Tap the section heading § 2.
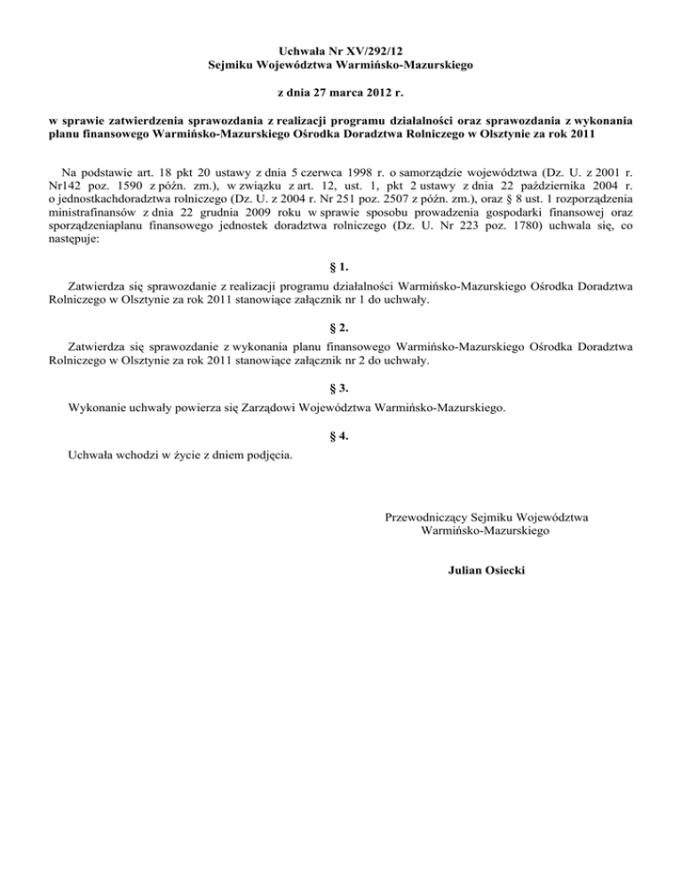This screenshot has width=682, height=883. pyautogui.click(x=341, y=327)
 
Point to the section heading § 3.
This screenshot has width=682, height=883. pyautogui.click(x=341, y=388)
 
